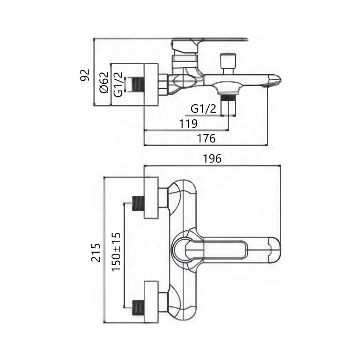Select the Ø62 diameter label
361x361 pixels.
pos(103,83)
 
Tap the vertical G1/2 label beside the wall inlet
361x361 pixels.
pos(117,84)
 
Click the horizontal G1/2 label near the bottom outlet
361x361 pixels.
pos(203,109)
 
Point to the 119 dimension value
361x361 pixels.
pos(188,124)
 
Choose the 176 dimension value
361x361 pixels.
pos(206,138)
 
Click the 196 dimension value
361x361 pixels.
pos(212,158)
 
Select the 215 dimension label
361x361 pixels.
pos(95,253)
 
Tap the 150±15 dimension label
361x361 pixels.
pos(116,252)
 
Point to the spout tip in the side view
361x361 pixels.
pos(273,81)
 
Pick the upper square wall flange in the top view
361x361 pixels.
pos(151,197)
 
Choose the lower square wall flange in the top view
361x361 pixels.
pos(151,302)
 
